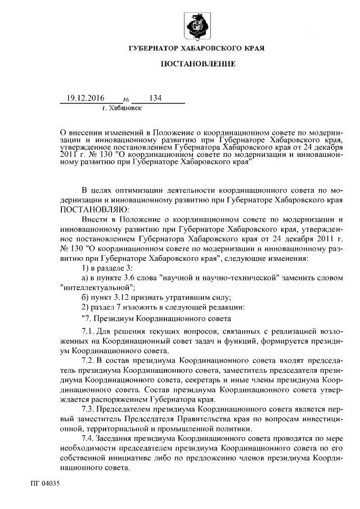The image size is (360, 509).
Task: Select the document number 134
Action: tap(155, 98)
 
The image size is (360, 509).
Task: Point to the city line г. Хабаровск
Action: tap(123, 107)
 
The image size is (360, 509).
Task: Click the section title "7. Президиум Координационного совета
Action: tap(145, 318)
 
